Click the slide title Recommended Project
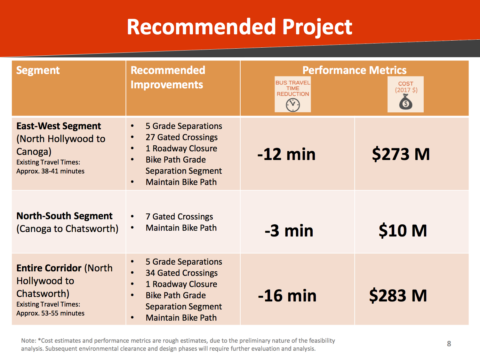point(239,27)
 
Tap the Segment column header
point(38,71)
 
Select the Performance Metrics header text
point(354,70)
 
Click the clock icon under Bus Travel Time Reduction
point(292,105)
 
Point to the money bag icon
point(406,102)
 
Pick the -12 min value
point(286,154)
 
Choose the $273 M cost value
point(401,154)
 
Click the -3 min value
point(289,231)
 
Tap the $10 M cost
point(403,231)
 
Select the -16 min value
point(287,296)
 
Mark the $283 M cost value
point(398,295)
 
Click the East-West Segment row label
point(59,126)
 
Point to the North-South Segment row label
point(64,216)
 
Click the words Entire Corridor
point(49,268)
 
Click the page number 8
point(449,344)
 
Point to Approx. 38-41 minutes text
point(50,171)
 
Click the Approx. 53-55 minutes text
point(50,314)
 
